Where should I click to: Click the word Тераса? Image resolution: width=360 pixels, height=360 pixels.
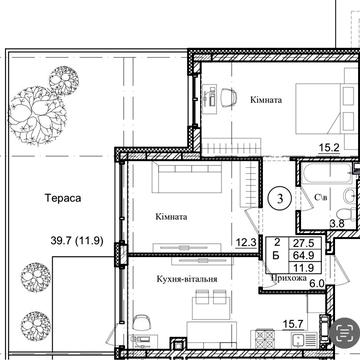tap(63, 198)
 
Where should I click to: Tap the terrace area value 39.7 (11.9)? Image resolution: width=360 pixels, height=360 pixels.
tap(77, 241)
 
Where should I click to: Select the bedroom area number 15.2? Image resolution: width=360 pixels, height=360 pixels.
tap(328, 147)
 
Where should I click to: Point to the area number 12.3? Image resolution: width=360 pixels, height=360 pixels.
tap(246, 242)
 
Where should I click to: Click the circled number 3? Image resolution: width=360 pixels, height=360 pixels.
tap(280, 199)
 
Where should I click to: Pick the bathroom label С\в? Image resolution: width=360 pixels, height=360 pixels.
tap(321, 198)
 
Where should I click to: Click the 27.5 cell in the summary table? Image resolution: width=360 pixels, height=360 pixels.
tap(302, 242)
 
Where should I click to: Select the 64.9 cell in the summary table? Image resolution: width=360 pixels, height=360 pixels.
tap(302, 255)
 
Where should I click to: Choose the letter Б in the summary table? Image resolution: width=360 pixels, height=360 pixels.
tap(276, 256)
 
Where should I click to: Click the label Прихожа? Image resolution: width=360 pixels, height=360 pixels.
tap(289, 278)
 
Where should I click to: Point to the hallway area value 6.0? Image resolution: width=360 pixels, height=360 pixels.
tap(317, 283)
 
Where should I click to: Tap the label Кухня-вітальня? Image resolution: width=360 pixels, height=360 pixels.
tap(187, 279)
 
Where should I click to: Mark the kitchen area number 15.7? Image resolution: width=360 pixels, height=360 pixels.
tap(293, 323)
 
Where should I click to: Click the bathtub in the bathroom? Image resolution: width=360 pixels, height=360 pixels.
tap(327, 172)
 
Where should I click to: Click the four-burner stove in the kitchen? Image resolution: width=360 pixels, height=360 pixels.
tap(265, 339)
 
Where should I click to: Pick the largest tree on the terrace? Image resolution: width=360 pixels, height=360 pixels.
tap(37, 115)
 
